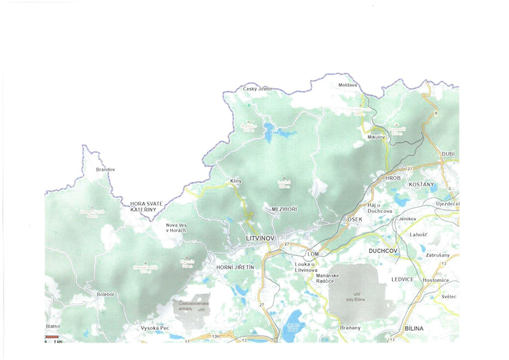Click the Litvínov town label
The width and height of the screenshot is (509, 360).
pos(260,238)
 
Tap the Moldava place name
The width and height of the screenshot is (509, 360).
pos(347,85)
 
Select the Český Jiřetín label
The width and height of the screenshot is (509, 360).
pos(257,89)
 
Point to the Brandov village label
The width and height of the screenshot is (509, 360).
pos(105,169)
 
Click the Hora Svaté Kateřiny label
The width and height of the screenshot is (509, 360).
pos(146,207)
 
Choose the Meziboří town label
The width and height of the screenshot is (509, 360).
pos(284,209)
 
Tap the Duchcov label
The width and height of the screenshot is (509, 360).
pos(382,251)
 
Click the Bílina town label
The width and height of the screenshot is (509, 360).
pos(414,328)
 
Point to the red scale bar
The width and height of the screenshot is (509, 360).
pos(52,337)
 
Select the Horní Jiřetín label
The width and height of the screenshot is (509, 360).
pos(235,267)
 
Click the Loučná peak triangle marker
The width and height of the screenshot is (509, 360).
pos(284,178)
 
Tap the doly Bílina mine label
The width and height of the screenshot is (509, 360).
pos(355,300)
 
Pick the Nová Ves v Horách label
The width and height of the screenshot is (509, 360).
pos(176,228)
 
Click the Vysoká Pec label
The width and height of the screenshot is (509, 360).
pos(155,328)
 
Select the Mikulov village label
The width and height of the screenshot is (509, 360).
pos(376,137)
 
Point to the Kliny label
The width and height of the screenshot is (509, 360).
pos(235,181)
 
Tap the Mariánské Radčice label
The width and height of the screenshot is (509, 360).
pos(327,278)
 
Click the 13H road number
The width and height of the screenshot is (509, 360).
pos(216,336)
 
